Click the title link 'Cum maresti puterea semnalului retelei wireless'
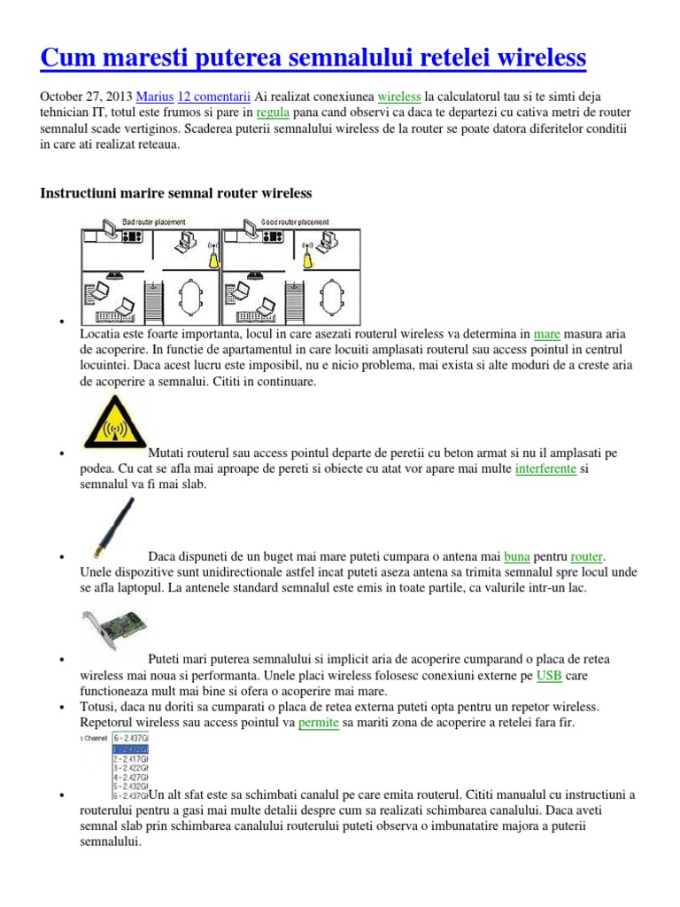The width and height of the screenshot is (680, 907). pos(313,58)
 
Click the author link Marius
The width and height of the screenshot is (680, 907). pos(154,96)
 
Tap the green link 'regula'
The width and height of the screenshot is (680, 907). pos(273,112)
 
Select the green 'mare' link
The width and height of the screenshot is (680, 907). pos(547,334)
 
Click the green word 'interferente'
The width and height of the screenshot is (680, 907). pos(545,469)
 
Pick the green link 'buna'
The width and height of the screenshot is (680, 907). pos(517,557)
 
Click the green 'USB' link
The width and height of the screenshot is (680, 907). pos(549,676)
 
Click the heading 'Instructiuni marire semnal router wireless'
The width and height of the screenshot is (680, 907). pos(176,192)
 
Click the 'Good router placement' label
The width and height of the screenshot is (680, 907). pos(295,221)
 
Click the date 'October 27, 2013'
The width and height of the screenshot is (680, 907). pos(87,96)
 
